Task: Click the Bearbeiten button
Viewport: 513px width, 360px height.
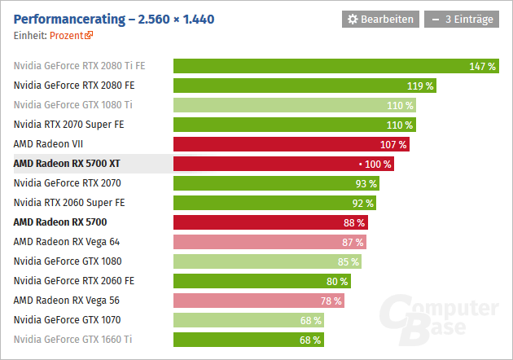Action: (x=381, y=19)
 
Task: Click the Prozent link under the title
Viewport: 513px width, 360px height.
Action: (x=72, y=36)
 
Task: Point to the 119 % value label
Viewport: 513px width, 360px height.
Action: (x=420, y=86)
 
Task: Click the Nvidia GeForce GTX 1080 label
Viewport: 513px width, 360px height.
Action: (x=68, y=261)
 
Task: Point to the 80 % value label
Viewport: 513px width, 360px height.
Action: (x=337, y=281)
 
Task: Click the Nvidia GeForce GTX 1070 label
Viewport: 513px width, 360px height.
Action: (x=68, y=320)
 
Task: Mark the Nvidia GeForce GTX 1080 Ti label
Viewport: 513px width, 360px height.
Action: (x=73, y=105)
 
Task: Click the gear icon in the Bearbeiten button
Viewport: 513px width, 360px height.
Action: (x=353, y=19)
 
